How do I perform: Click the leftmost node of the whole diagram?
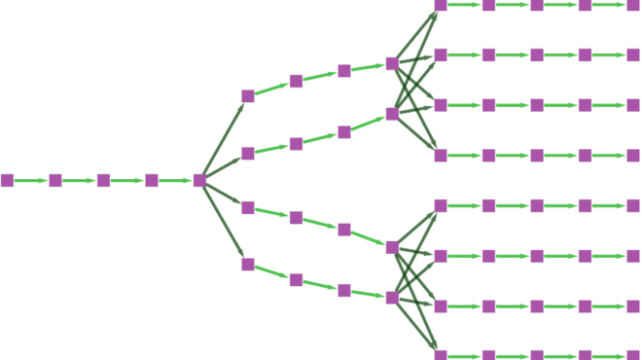(7, 180)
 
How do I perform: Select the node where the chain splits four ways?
(199, 180)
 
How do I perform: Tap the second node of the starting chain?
(55, 180)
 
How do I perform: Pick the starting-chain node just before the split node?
(152, 180)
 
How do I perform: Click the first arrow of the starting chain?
(31, 180)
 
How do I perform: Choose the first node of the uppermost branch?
(247, 95)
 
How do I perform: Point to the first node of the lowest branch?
(247, 265)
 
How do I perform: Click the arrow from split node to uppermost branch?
(224, 137)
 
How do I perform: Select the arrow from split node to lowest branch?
(224, 223)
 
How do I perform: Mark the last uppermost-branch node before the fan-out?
(392, 63)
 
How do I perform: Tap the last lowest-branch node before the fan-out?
(392, 298)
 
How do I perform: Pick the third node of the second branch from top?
(344, 132)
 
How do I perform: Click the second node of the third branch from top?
(296, 217)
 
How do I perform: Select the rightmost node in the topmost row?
(633, 5)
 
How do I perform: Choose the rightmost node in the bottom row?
(633, 355)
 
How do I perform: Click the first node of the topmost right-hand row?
(441, 5)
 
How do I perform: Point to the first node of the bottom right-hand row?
(441, 355)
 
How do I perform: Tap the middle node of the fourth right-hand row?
(537, 156)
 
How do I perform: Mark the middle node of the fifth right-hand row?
(537, 205)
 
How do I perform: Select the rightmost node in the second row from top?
(633, 54)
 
